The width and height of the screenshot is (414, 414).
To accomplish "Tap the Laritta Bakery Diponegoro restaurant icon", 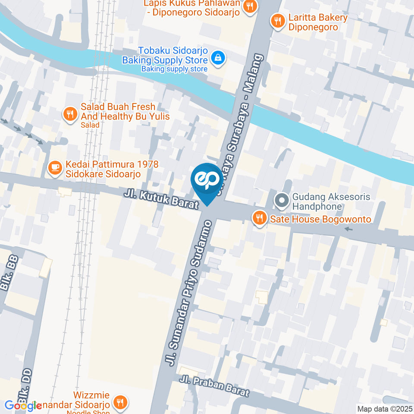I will [x=277, y=20].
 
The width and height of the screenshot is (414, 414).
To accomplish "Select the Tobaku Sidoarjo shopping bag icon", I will [x=219, y=57].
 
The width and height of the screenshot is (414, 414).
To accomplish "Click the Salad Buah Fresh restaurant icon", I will [x=70, y=114].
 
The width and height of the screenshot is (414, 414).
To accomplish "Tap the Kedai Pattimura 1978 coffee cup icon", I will [x=55, y=168].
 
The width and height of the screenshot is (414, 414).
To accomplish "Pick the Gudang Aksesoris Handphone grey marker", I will [x=282, y=201].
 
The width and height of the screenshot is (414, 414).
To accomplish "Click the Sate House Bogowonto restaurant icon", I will [x=259, y=219].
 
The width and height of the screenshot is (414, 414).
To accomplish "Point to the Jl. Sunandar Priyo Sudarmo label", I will [x=189, y=293].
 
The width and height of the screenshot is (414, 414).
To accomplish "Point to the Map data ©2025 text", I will [x=385, y=409].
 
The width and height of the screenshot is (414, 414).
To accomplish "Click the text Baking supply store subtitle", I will [x=174, y=69].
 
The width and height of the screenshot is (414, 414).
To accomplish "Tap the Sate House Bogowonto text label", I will [x=320, y=219].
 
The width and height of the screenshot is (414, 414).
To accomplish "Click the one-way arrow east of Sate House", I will [x=348, y=229].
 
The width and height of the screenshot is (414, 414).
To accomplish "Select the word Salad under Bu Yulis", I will [x=90, y=125].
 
